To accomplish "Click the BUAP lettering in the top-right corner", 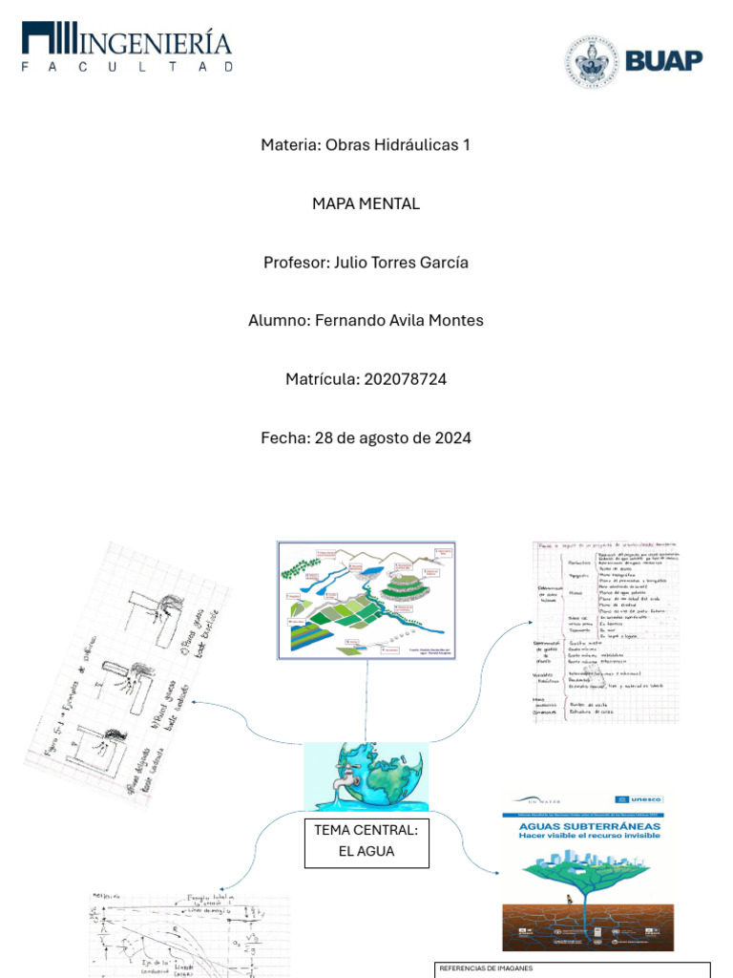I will point(664,61).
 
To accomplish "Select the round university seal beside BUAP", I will point(591,62).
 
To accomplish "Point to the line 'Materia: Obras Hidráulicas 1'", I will point(366,145).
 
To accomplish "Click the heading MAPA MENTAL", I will point(366,203).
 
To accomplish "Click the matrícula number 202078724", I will point(405,379).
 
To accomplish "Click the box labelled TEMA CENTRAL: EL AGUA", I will point(366,841).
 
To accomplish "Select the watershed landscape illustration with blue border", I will point(366,601).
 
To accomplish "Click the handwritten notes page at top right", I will point(605,631).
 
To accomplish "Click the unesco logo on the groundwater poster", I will point(646,797).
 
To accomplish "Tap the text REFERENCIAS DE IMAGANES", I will point(486,968).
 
